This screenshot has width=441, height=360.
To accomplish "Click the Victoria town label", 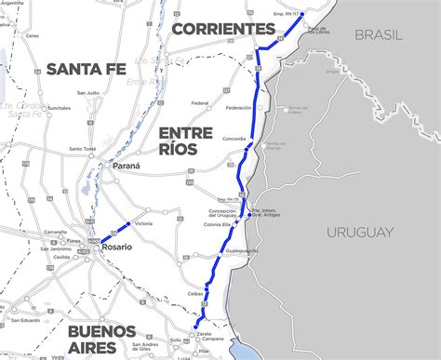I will (143, 224).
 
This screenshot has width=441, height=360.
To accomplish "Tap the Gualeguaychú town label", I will (239, 251).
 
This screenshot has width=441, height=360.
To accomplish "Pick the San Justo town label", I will (88, 92).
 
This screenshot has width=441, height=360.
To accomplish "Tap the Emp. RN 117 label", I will (281, 12).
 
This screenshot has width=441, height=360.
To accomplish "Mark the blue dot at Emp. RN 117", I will (302, 15).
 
